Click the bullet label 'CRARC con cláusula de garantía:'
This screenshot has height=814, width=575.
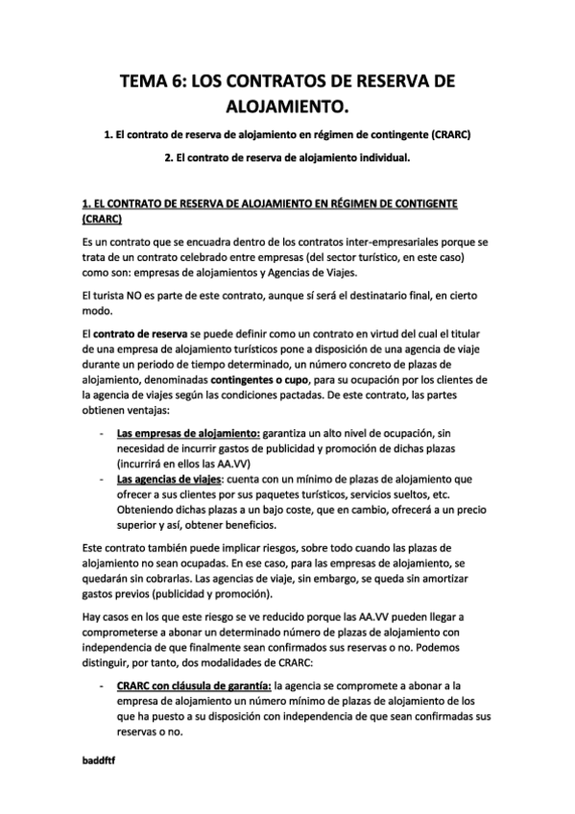pyautogui.click(x=194, y=685)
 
